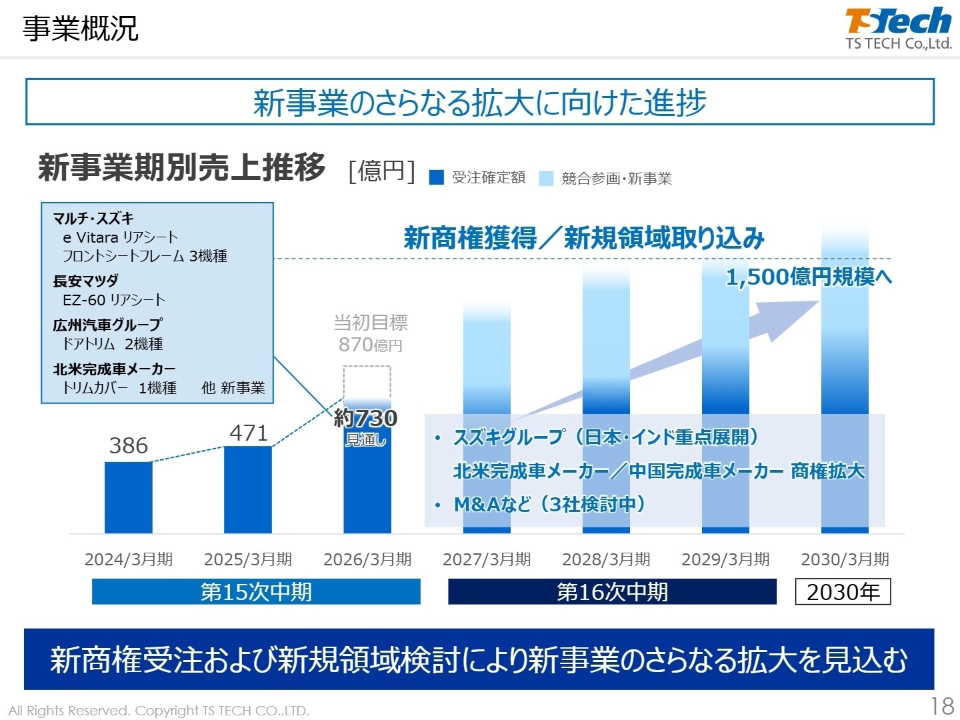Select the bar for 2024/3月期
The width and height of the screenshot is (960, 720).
128,497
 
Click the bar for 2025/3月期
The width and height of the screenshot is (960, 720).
248,489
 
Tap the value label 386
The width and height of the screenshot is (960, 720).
128,445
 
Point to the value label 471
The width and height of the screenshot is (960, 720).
248,433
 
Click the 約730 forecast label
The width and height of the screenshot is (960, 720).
365,419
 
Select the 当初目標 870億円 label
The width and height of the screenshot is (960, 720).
371,333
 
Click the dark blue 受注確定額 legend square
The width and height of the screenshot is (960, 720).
437,177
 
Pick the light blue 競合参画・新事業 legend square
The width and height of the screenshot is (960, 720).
546,178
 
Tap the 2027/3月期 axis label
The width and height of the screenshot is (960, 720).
487,559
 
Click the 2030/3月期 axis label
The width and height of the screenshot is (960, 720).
845,559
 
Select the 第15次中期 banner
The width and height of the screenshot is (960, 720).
256,591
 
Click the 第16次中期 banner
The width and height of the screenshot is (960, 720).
612,591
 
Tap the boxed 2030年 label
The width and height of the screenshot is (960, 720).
843,591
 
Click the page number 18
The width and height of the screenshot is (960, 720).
942,706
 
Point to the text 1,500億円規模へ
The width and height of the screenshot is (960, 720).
808,277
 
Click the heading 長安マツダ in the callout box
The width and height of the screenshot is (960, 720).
85,281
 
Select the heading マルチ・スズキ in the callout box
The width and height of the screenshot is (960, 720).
93,219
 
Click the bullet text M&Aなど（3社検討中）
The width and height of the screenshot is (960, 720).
549,504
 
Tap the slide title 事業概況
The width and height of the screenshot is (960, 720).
81,29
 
